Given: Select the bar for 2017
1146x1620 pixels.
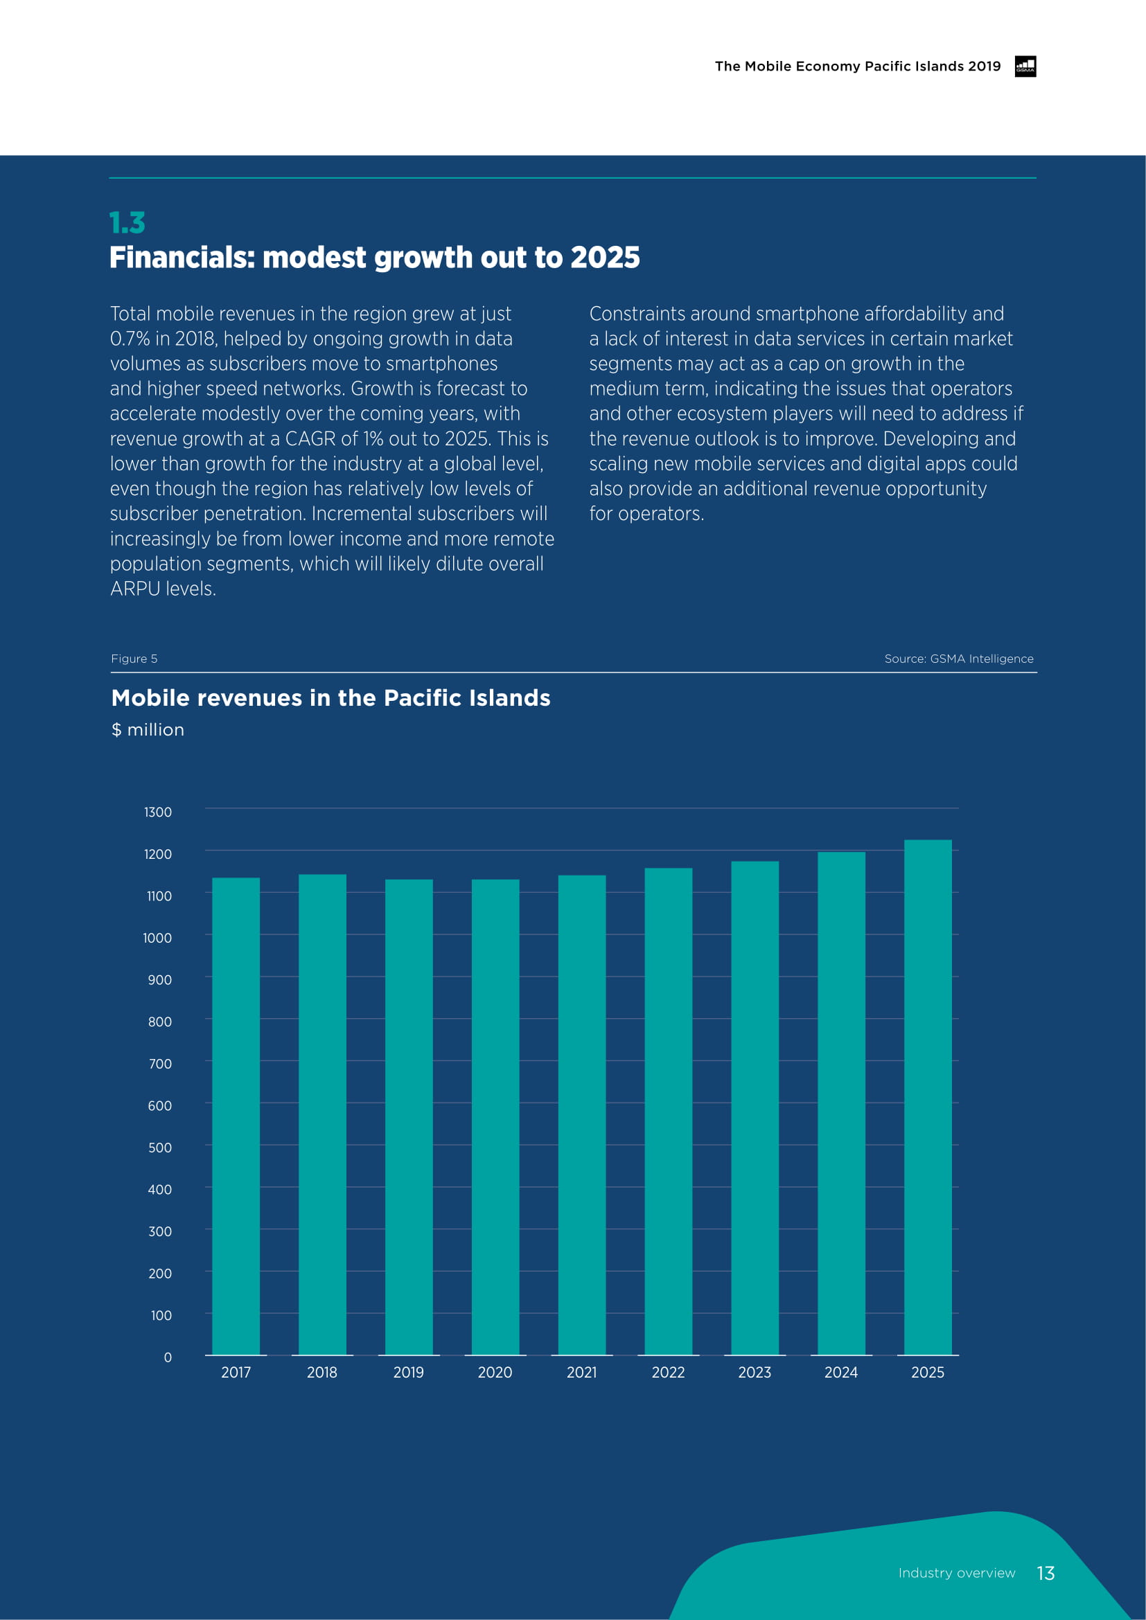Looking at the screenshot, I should pyautogui.click(x=236, y=1116).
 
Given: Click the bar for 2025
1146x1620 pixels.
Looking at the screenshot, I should pyautogui.click(x=927, y=1097).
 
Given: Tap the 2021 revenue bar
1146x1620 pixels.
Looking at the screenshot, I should pyautogui.click(x=581, y=1115).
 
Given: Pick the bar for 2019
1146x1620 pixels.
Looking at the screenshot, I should pyautogui.click(x=409, y=1117).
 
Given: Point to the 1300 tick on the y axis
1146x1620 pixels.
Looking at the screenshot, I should pyautogui.click(x=157, y=812).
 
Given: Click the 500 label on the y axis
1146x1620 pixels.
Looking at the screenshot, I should pyautogui.click(x=159, y=1147).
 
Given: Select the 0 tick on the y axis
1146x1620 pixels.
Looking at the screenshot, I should pyautogui.click(x=167, y=1357).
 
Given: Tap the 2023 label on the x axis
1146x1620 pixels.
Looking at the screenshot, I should pyautogui.click(x=755, y=1372).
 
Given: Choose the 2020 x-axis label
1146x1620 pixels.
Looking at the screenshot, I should pyautogui.click(x=495, y=1372).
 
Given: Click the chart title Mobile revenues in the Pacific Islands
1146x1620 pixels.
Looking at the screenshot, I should pyautogui.click(x=330, y=698).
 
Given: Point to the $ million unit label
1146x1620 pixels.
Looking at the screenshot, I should pyautogui.click(x=148, y=729).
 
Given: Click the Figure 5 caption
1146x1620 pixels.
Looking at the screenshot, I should pyautogui.click(x=134, y=658).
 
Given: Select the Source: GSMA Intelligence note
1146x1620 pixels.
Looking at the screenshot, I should pyautogui.click(x=958, y=658).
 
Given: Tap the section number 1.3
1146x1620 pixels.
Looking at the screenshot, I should pyautogui.click(x=127, y=223).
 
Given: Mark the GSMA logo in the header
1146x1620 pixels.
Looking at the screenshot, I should pyautogui.click(x=1025, y=66).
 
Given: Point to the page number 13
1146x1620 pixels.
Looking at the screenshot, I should pyautogui.click(x=1046, y=1573).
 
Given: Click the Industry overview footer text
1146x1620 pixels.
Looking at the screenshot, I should pyautogui.click(x=956, y=1573).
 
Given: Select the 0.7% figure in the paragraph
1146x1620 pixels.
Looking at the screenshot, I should pyautogui.click(x=130, y=339).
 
